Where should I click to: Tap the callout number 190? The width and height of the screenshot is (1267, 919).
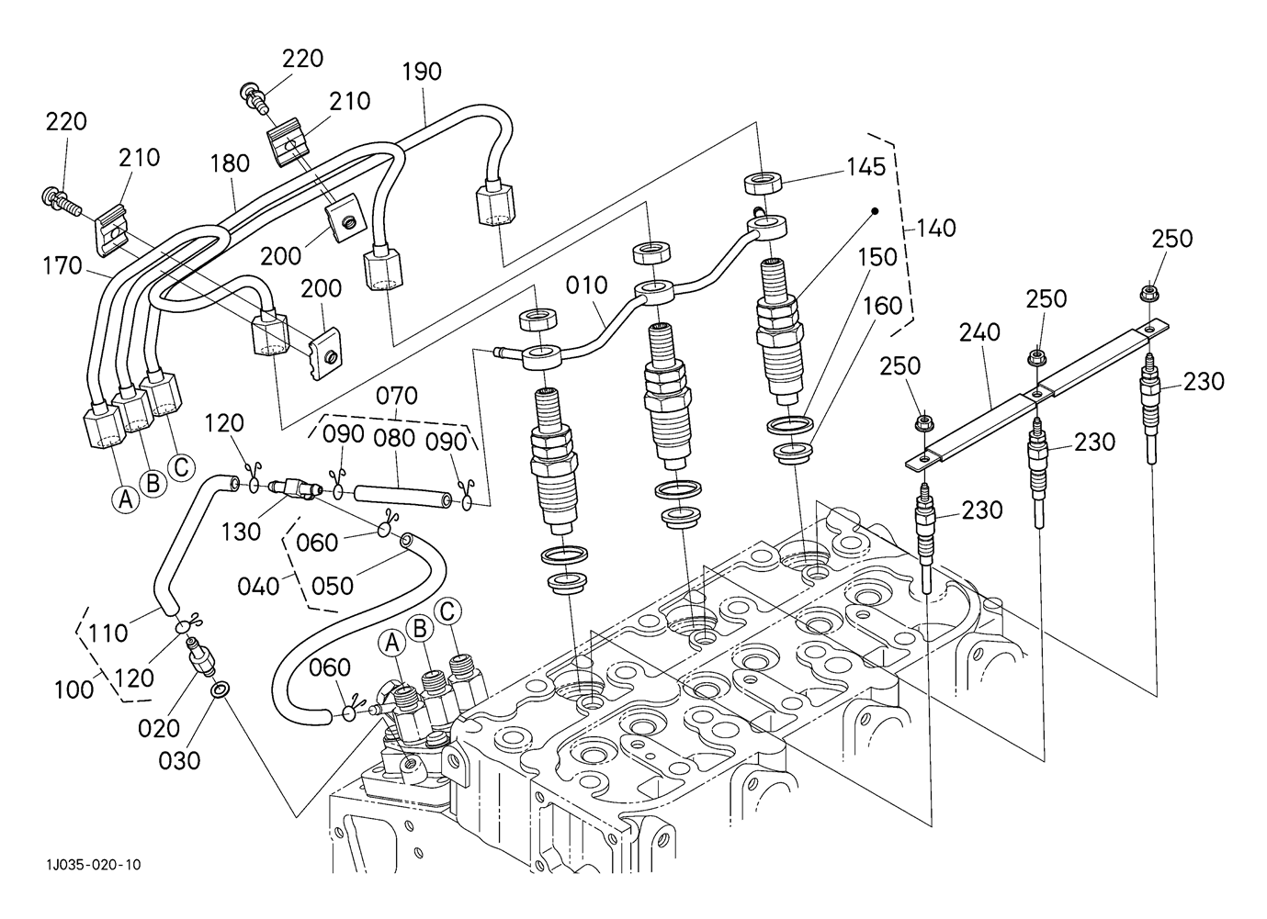click(422, 72)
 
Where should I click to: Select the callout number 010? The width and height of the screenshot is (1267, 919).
click(586, 286)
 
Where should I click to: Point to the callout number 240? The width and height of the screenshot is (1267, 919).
click(979, 331)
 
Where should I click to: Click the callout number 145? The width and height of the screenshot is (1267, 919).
click(866, 167)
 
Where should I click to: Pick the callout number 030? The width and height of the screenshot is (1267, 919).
click(180, 760)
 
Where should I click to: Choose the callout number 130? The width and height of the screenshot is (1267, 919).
click(241, 532)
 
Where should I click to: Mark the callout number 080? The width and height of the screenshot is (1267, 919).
click(395, 439)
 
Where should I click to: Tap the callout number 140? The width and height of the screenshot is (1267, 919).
click(935, 227)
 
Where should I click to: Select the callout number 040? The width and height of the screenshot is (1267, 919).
click(258, 585)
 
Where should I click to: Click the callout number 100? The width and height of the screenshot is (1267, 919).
click(74, 688)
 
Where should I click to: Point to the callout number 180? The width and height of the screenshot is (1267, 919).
click(230, 163)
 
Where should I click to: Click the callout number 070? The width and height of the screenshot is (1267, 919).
click(397, 396)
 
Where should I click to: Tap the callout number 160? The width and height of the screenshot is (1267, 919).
click(883, 306)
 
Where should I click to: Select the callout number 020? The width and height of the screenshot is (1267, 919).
click(159, 728)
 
